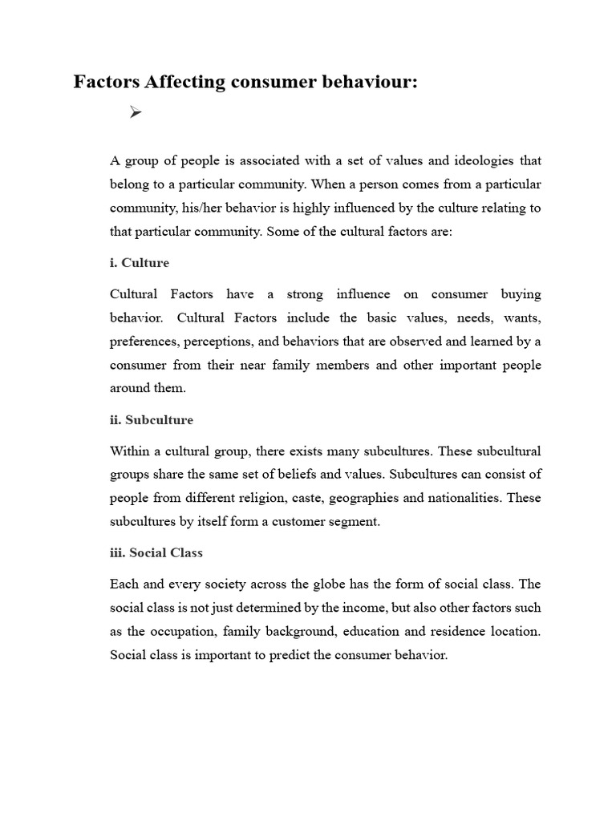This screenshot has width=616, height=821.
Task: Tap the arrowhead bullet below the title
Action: [x=135, y=114]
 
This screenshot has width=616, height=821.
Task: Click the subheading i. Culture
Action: [x=140, y=263]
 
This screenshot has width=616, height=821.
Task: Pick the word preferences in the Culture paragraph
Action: [x=144, y=342]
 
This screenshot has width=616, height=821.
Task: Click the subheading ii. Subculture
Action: [x=152, y=419]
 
